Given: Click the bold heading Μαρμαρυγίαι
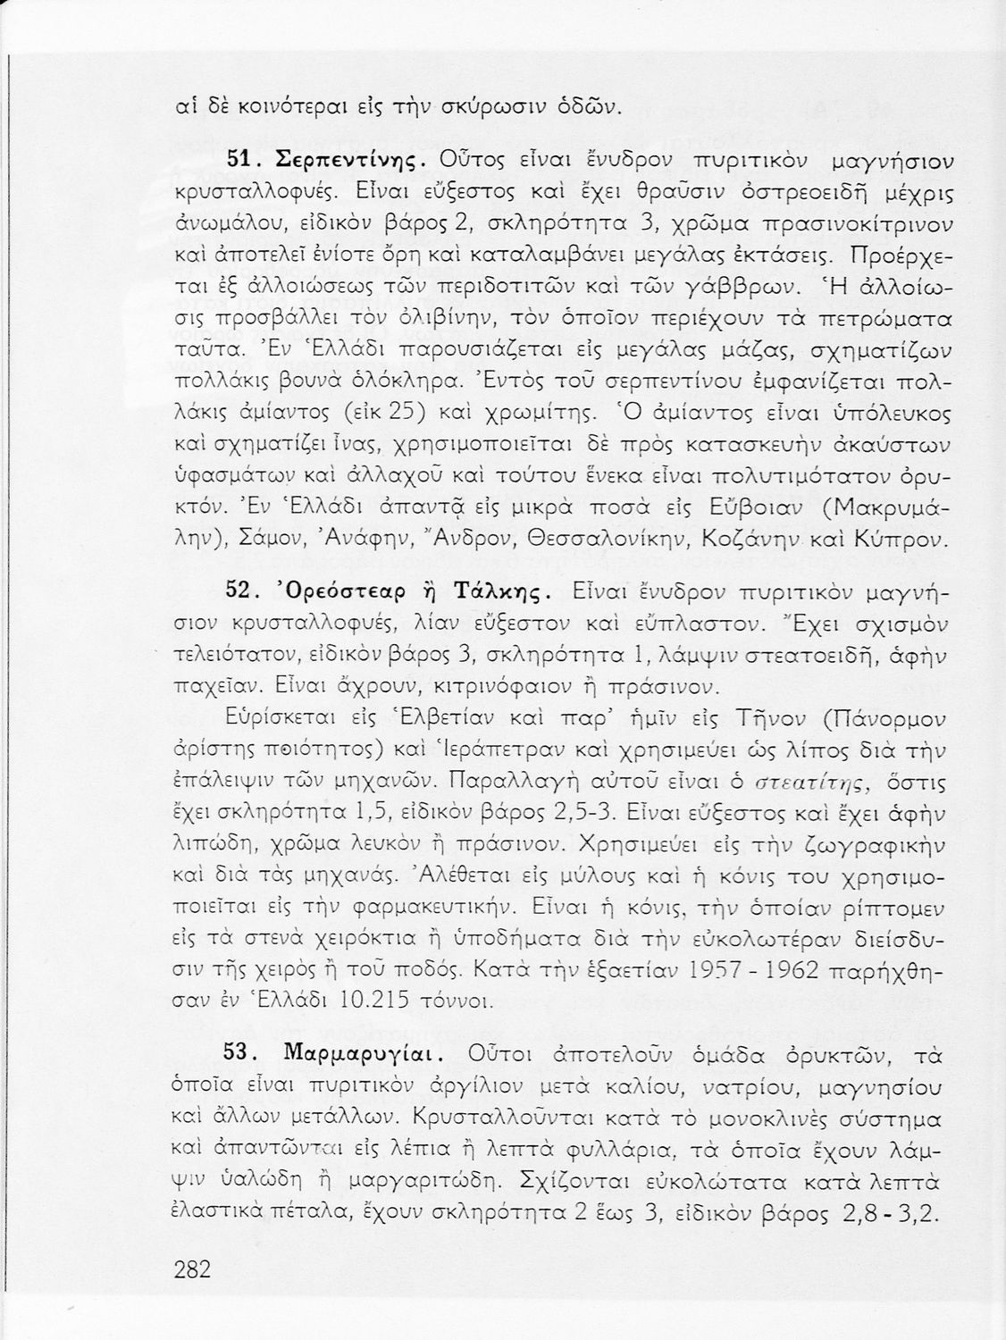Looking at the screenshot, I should coord(358,1055).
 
